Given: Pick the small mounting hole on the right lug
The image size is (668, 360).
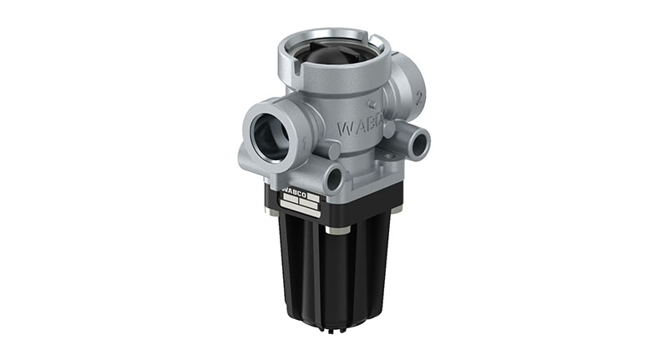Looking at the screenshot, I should click(415, 139).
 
